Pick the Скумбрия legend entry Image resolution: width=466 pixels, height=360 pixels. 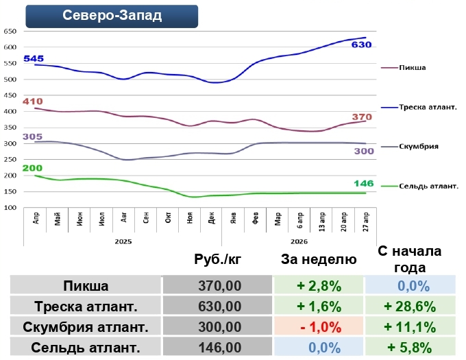click(x=420, y=146)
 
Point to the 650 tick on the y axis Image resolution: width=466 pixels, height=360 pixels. click(x=10, y=32)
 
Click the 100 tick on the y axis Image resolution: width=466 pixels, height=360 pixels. click(x=10, y=208)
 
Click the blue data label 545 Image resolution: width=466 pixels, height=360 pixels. click(x=34, y=59)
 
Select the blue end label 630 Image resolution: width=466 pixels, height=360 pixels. click(x=361, y=45)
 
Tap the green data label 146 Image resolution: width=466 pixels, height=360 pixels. click(x=363, y=184)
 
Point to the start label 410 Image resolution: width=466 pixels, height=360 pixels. click(x=32, y=101)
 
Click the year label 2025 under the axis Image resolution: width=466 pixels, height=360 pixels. click(x=123, y=241)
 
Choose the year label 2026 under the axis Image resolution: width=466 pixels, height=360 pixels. click(x=299, y=241)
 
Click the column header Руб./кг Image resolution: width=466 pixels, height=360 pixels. click(x=219, y=259)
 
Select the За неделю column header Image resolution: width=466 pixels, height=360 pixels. click(x=319, y=259)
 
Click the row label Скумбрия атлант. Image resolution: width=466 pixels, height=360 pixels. click(x=86, y=326)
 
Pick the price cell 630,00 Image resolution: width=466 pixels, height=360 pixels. click(x=219, y=306)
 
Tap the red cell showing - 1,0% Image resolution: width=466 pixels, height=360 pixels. click(x=319, y=326)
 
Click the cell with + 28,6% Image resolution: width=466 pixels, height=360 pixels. click(x=410, y=306)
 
